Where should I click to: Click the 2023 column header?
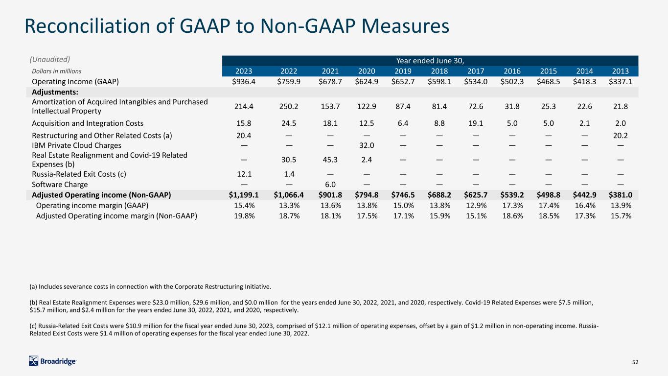point(244,71)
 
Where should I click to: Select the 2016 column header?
point(512,71)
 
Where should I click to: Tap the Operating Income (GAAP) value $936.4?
point(244,81)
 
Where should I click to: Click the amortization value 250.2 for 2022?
point(289,106)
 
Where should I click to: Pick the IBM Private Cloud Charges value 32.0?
point(367,145)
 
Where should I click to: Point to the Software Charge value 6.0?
point(330,185)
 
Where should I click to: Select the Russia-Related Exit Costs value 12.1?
point(244,174)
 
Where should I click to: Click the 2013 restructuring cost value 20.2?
point(621,136)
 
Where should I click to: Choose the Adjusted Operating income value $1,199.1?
point(244,195)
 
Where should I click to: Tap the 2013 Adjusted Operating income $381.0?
point(621,195)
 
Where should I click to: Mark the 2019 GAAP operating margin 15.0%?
point(403,205)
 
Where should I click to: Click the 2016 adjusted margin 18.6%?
point(512,216)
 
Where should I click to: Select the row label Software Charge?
point(60,185)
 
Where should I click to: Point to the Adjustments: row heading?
point(55,92)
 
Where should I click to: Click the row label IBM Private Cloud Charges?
point(76,145)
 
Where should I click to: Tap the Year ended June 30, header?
point(430,61)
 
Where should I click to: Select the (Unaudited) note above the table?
point(49,59)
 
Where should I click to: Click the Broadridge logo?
point(52,361)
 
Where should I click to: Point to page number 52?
point(635,362)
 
